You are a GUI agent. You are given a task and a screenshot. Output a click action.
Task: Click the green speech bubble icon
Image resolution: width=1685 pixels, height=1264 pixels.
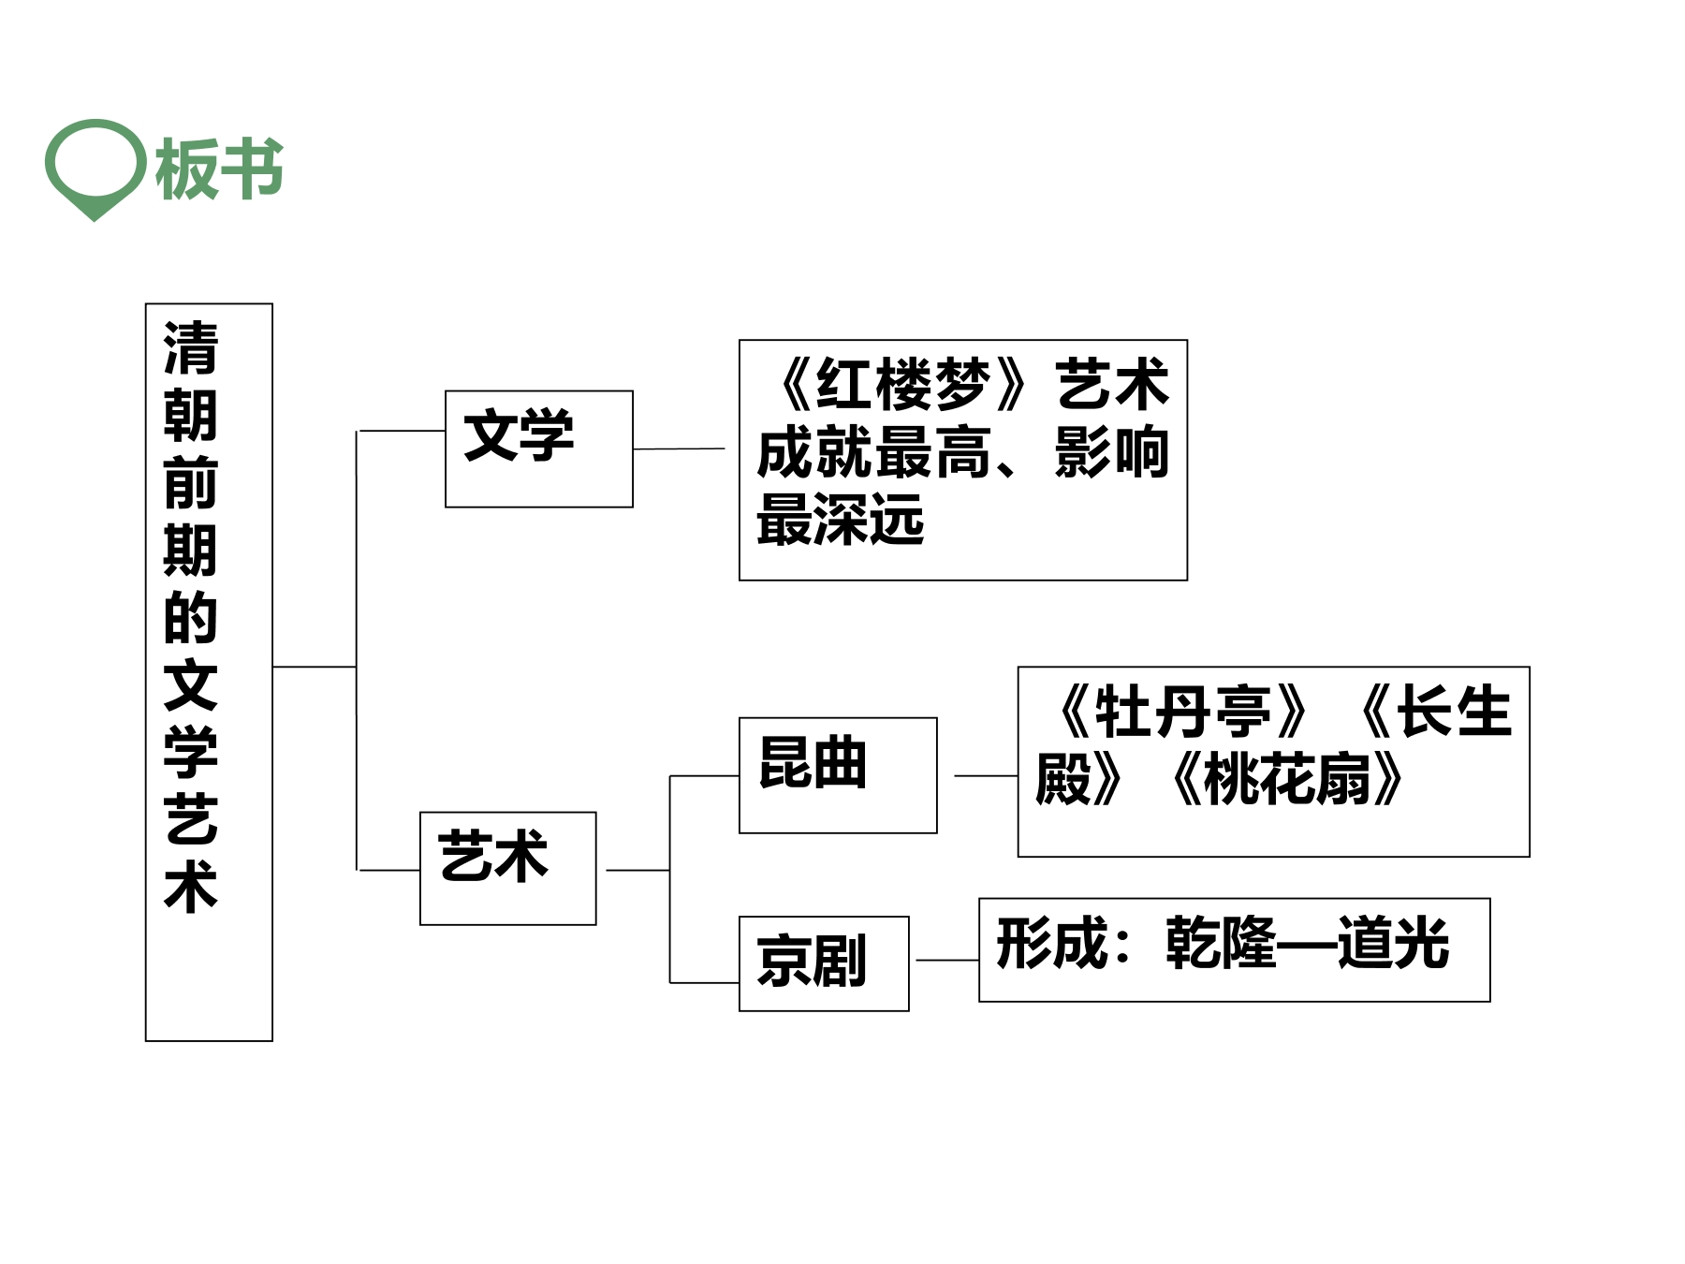click(x=95, y=169)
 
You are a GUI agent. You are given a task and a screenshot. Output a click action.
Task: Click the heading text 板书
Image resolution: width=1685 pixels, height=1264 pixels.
click(x=219, y=169)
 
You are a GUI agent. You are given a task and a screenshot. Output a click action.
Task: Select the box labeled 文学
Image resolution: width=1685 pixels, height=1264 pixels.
click(x=538, y=449)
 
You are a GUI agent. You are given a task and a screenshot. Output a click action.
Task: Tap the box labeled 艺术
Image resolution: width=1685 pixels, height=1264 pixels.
click(x=507, y=869)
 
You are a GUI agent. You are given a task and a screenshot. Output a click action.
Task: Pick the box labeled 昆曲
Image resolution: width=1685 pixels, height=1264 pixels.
click(x=838, y=775)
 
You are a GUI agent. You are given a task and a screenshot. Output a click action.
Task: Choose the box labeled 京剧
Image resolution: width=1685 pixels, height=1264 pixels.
click(x=824, y=963)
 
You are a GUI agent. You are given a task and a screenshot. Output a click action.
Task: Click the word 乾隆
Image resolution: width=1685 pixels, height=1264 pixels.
click(x=1221, y=943)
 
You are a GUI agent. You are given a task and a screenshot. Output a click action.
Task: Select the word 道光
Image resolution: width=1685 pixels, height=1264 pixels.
click(x=1394, y=943)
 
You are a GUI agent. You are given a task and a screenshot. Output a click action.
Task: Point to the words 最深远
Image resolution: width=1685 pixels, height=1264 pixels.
click(x=841, y=520)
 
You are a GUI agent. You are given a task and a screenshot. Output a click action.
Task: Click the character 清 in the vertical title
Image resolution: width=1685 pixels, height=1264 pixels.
click(x=191, y=348)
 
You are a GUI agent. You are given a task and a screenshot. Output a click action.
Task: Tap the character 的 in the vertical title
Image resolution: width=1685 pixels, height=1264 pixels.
click(x=191, y=618)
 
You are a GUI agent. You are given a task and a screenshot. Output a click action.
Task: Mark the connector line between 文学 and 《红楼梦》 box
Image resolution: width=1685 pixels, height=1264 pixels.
click(x=679, y=448)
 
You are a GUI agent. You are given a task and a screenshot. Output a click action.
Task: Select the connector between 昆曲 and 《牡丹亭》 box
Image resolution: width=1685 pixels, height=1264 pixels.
click(x=986, y=775)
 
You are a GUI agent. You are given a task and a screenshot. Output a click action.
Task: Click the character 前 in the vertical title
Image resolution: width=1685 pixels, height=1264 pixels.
click(x=191, y=483)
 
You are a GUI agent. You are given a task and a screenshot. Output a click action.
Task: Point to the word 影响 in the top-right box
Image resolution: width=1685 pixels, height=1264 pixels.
click(x=1112, y=452)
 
